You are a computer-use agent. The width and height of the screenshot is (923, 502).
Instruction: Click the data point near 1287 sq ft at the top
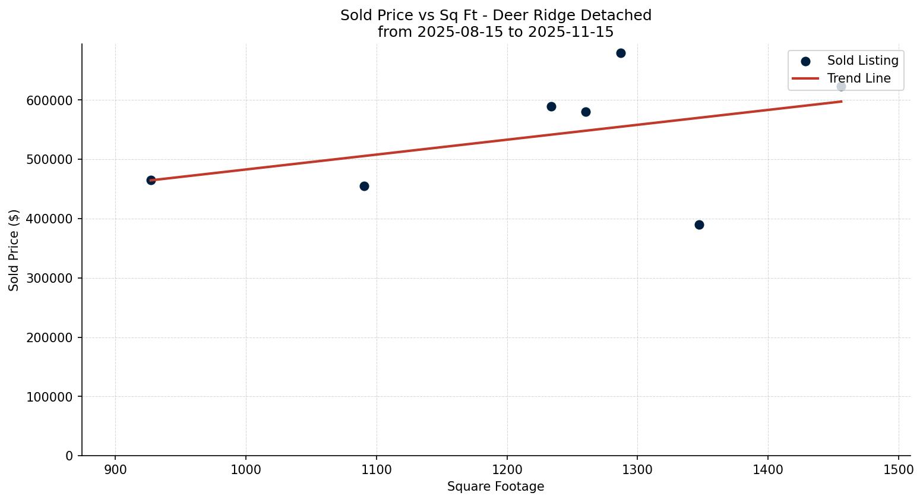coord(621,53)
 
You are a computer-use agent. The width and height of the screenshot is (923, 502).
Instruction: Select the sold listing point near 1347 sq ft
coord(699,225)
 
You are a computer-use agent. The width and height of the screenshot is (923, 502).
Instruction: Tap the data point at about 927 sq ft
coord(151,180)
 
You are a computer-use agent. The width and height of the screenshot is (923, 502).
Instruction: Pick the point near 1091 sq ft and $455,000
coord(364,186)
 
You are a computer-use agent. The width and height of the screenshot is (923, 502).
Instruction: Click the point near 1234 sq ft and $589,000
coord(551,106)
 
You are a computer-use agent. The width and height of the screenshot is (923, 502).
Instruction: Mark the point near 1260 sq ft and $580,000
coord(586,112)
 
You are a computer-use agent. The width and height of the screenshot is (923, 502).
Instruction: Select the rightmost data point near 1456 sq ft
coord(841,87)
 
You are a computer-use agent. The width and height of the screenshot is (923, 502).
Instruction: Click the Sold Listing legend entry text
coord(862,61)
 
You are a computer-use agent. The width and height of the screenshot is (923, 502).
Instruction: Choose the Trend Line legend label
coord(859,78)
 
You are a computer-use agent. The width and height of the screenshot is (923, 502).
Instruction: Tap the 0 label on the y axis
coord(69,456)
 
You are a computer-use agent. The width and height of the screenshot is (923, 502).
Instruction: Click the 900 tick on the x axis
coord(115,469)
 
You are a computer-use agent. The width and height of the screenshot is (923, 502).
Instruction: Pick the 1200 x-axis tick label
coord(507,469)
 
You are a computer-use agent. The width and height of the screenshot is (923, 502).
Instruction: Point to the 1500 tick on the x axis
coord(898,469)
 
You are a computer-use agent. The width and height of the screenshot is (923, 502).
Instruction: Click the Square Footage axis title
coord(495,487)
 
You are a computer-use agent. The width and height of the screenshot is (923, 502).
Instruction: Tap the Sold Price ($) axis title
coord(14,250)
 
